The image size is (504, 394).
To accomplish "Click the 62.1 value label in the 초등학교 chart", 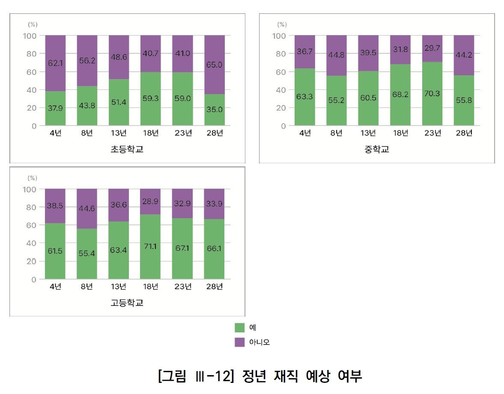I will click(55, 62).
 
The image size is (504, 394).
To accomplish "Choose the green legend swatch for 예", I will click(239, 328).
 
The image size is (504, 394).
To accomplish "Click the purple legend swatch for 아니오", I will click(239, 342).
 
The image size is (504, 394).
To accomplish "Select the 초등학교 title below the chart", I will click(127, 150).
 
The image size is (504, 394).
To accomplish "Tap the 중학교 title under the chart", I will click(377, 150).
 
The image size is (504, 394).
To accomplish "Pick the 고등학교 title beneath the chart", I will click(127, 303).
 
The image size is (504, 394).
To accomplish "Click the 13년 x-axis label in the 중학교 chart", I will click(368, 133).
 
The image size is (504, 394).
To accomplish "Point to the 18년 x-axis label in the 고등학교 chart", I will click(151, 287).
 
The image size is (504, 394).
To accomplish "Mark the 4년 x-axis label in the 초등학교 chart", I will click(55, 133).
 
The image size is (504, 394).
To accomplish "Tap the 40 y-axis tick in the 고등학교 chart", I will click(31, 243).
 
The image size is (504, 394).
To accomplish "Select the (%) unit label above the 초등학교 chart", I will click(33, 25).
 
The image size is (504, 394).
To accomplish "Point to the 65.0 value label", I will click(214, 65).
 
